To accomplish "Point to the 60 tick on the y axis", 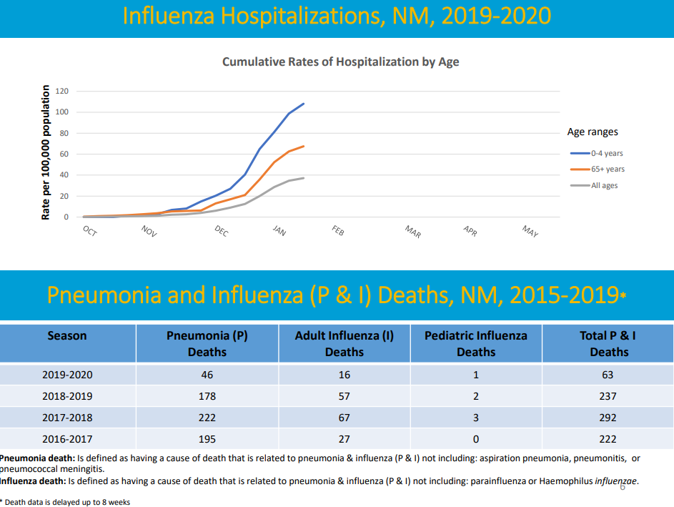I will [x=64, y=154].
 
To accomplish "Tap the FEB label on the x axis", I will [x=338, y=231].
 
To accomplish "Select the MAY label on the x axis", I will [x=530, y=231].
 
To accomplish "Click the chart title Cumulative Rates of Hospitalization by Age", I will [x=340, y=62].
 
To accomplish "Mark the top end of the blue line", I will [x=304, y=104].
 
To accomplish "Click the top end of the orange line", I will [x=304, y=147].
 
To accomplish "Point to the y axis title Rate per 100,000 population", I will [x=46, y=153].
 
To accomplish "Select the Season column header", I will [x=67, y=335].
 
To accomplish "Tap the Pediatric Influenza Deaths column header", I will [x=476, y=343].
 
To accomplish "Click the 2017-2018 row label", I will [x=67, y=417].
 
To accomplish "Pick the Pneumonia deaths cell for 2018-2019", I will [x=207, y=395].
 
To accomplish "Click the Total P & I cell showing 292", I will [x=609, y=417].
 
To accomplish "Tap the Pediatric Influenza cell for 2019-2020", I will [x=476, y=375].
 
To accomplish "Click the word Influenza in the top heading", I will [x=169, y=16].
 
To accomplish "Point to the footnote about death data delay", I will [x=65, y=502].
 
